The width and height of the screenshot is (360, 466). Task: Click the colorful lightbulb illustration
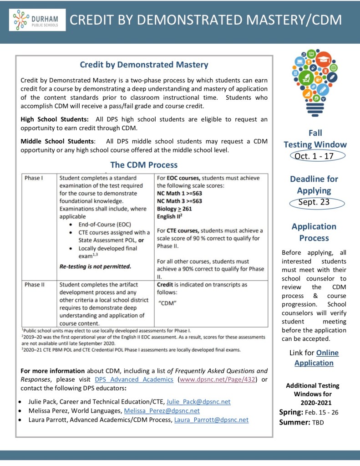coord(314,82)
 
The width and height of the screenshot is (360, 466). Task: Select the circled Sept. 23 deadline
coord(314,202)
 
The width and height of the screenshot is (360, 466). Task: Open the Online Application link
coord(314,358)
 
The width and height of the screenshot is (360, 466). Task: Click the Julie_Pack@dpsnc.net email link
coord(198,401)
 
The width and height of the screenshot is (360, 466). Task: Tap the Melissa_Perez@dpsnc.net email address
coord(162,410)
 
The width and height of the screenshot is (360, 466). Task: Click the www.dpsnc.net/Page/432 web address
coord(218,379)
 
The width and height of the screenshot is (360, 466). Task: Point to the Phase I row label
coord(34,178)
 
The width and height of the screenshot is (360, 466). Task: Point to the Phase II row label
coord(35,285)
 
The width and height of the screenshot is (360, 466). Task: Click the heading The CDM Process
coord(144,165)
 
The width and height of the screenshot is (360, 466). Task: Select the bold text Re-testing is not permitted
coord(95,266)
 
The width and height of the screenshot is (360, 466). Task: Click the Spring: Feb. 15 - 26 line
coord(309,412)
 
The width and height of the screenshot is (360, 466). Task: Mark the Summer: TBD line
coord(300,422)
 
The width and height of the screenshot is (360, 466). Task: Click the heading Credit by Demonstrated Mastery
coord(144,65)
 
